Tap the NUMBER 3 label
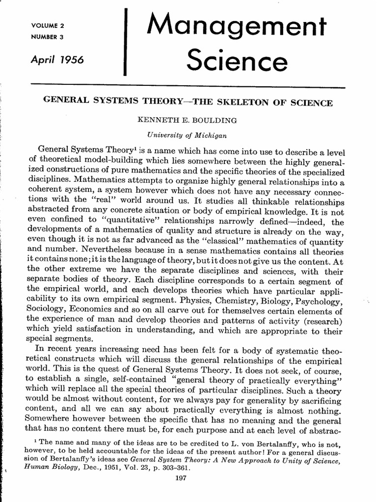coord(48,36)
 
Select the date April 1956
coord(57,59)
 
